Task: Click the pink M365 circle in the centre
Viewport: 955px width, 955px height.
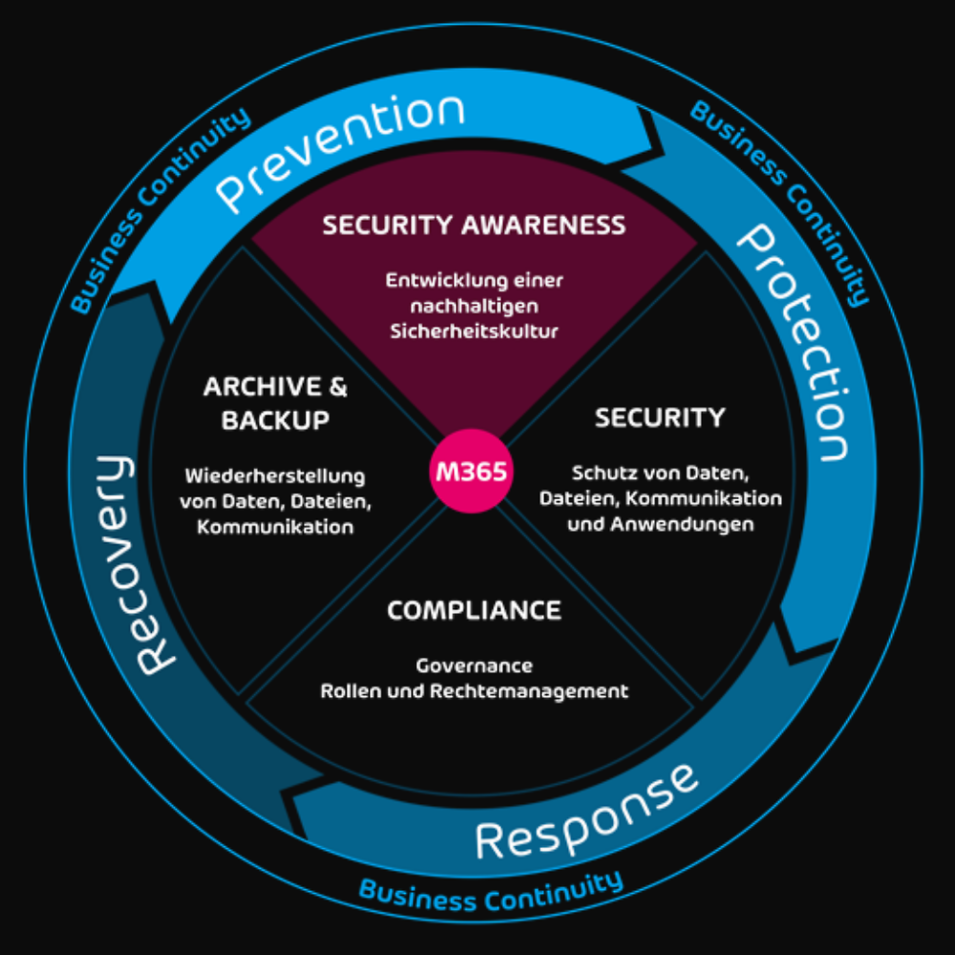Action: (x=472, y=472)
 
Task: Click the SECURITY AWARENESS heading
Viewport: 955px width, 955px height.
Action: (x=474, y=225)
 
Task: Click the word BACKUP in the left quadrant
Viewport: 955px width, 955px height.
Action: (x=276, y=420)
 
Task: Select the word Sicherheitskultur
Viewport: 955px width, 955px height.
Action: (x=474, y=331)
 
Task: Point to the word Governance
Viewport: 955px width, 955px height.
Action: (x=474, y=666)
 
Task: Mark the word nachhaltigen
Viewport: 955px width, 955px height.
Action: (x=474, y=307)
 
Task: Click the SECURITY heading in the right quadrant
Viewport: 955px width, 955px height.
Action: (x=660, y=417)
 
